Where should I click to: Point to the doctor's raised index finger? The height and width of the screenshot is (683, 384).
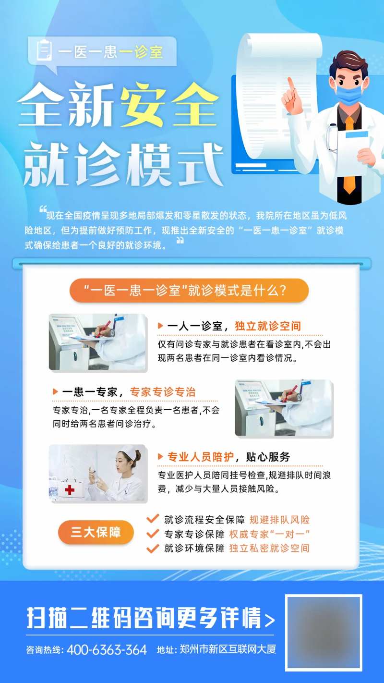click(x=290, y=83)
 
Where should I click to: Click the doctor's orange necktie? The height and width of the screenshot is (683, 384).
click(x=349, y=159)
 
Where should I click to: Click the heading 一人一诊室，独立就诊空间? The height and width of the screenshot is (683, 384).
click(x=234, y=326)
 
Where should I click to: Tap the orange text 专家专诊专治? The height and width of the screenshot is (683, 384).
click(x=163, y=392)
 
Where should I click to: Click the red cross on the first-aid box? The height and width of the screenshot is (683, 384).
click(x=70, y=490)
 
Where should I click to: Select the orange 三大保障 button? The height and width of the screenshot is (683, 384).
click(x=96, y=532)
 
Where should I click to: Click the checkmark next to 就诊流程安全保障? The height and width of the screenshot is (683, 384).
click(x=153, y=519)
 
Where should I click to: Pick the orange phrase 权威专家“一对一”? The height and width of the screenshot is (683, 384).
click(x=269, y=534)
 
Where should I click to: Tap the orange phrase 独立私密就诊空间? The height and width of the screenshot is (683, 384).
click(x=269, y=548)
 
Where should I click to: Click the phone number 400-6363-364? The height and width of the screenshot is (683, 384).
click(x=107, y=650)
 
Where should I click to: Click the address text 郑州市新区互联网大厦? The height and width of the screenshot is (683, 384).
click(x=228, y=650)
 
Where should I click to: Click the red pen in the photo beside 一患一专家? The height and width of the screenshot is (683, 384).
click(x=291, y=394)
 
